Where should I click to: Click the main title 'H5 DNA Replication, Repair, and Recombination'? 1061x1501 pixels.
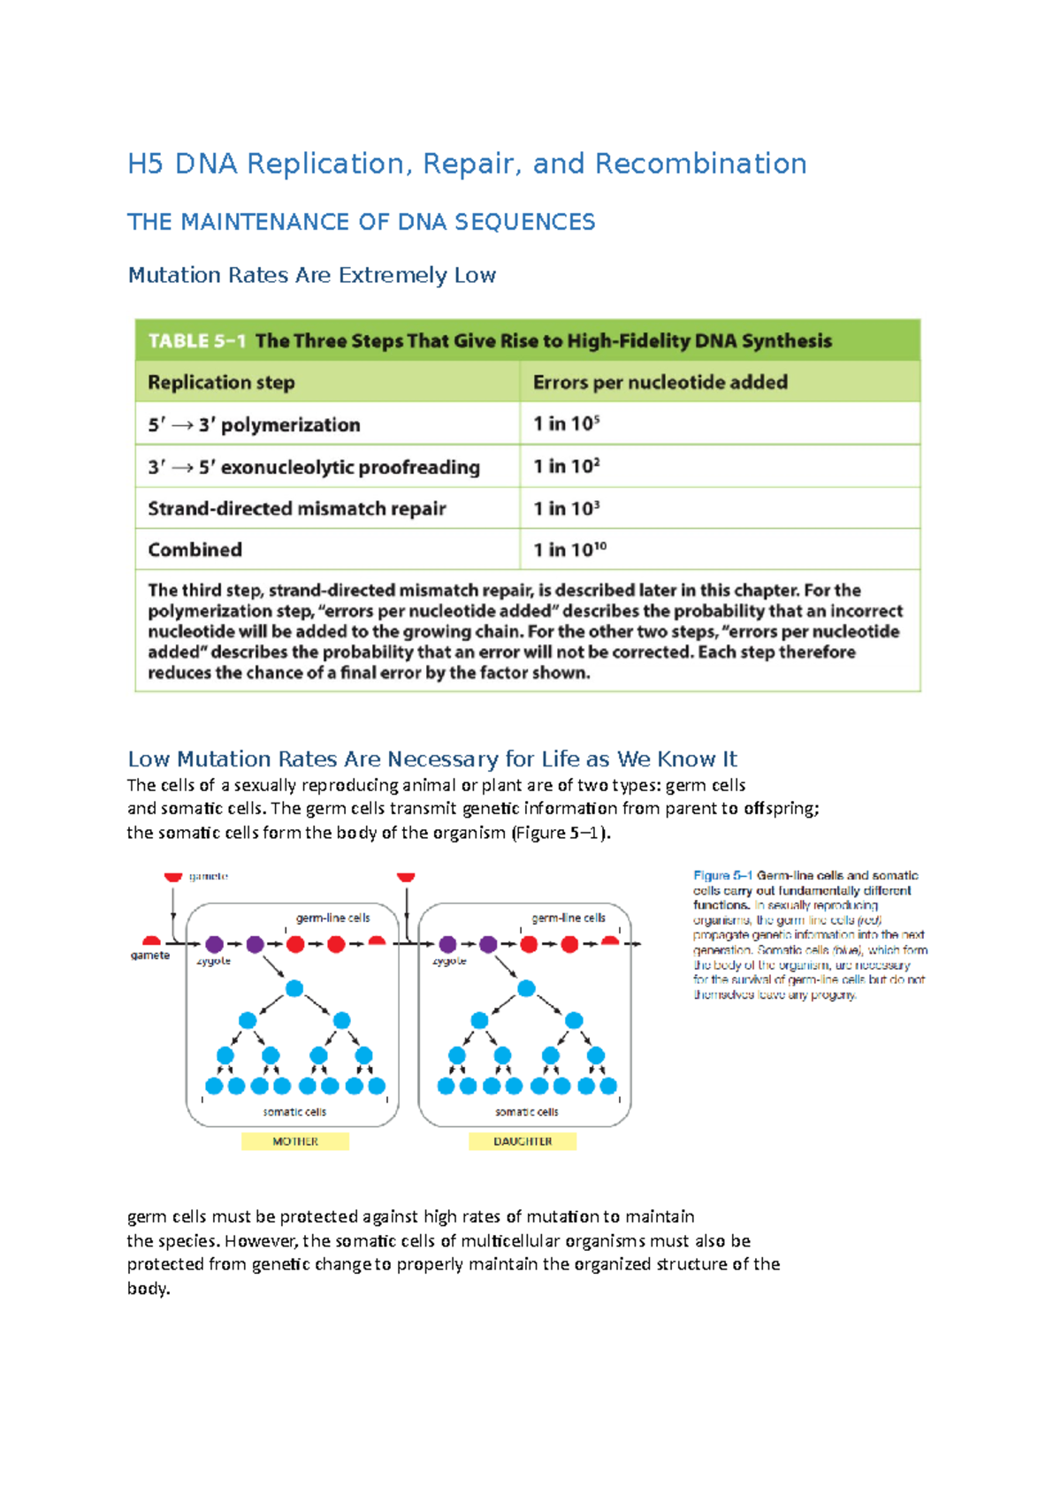pos(467,164)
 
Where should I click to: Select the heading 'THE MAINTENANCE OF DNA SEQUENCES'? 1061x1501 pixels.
pos(361,222)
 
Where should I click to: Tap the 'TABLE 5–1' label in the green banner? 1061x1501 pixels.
pos(196,341)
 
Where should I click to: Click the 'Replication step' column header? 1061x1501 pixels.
pos(221,383)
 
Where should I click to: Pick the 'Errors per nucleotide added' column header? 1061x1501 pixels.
pos(660,383)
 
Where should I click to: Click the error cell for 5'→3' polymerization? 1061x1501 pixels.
pos(566,424)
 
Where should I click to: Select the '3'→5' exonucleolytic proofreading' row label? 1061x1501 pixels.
pos(314,467)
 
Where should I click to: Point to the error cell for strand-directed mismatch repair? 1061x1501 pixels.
pos(566,508)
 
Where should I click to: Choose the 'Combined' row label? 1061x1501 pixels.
pos(195,550)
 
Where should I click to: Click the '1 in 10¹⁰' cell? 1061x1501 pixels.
pos(569,550)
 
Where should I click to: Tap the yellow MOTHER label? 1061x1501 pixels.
pos(295,1141)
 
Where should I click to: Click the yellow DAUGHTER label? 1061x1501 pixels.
pos(523,1141)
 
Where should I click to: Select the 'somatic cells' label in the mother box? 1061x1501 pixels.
pos(294,1112)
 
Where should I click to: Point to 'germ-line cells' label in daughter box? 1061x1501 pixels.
pos(569,918)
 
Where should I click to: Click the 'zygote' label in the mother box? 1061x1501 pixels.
pos(213,961)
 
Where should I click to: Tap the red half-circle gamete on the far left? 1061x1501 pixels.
pos(152,941)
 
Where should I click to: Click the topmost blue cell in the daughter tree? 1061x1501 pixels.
pos(526,988)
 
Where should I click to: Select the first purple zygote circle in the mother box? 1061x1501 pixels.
pos(214,944)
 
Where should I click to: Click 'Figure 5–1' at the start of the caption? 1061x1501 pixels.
pos(722,875)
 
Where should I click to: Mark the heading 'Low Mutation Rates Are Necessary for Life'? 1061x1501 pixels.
pos(431,759)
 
